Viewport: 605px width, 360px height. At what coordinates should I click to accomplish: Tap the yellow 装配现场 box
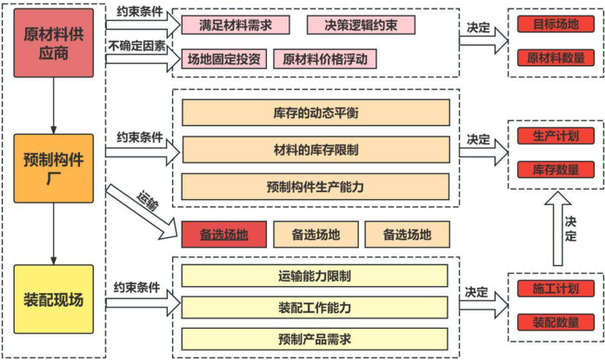(x=54, y=301)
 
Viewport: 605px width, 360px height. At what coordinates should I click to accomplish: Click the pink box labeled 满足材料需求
(x=229, y=25)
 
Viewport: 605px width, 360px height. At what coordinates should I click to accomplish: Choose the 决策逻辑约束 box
(x=361, y=25)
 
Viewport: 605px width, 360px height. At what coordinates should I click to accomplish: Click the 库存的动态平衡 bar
(x=316, y=112)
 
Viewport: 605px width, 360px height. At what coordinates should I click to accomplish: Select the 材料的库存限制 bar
(x=316, y=150)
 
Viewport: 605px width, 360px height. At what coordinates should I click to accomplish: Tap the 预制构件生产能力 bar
(x=316, y=186)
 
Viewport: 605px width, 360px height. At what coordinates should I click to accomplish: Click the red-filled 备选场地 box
(x=223, y=234)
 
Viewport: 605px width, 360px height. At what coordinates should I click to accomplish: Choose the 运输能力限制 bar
(x=315, y=277)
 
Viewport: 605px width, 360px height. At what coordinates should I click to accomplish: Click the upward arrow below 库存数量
(x=550, y=228)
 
